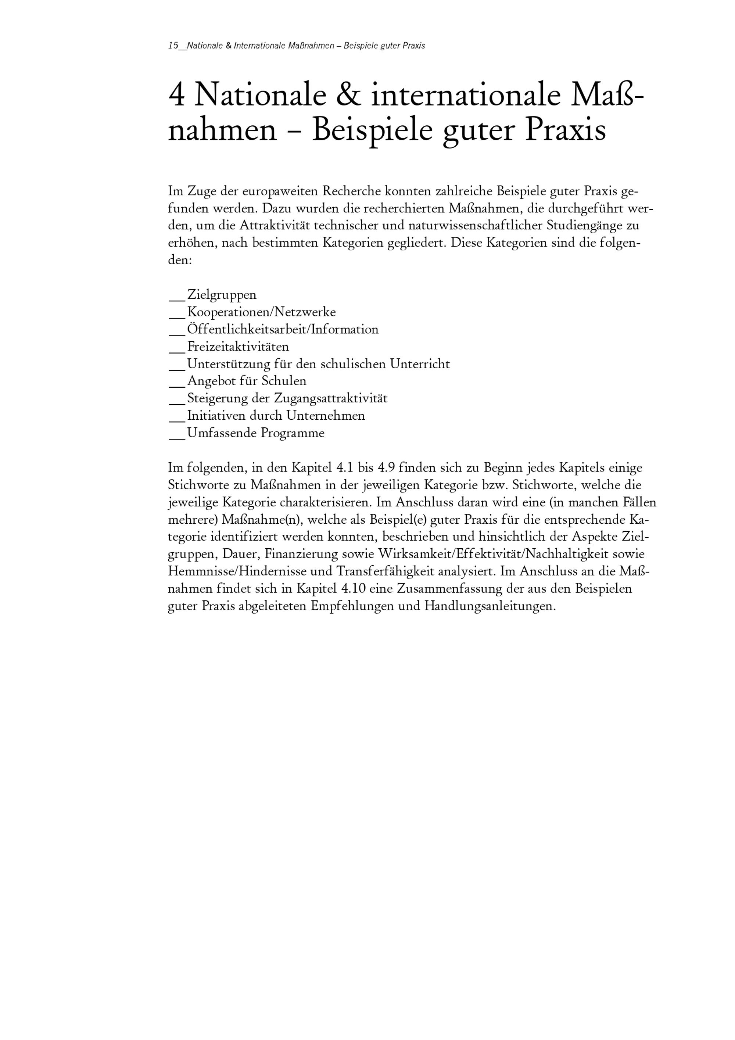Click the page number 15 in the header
pyautogui.click(x=173, y=46)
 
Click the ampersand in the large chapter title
pyautogui.click(x=349, y=96)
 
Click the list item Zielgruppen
pyautogui.click(x=222, y=295)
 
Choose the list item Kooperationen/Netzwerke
pyautogui.click(x=261, y=312)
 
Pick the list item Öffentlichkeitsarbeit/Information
pyautogui.click(x=283, y=329)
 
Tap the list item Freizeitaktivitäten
pyautogui.click(x=238, y=347)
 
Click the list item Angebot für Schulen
pyautogui.click(x=247, y=381)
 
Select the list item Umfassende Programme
pyautogui.click(x=256, y=433)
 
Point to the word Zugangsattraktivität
pyautogui.click(x=331, y=399)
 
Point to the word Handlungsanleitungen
pyautogui.click(x=490, y=606)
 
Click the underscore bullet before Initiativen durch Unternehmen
pyautogui.click(x=177, y=419)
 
